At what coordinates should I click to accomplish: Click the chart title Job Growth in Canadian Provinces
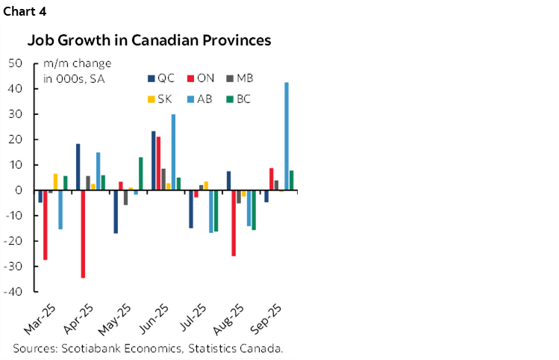(149, 40)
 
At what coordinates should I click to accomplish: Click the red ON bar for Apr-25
(83, 234)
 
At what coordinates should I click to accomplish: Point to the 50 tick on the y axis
(14, 63)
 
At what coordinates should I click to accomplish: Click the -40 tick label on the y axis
(13, 292)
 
